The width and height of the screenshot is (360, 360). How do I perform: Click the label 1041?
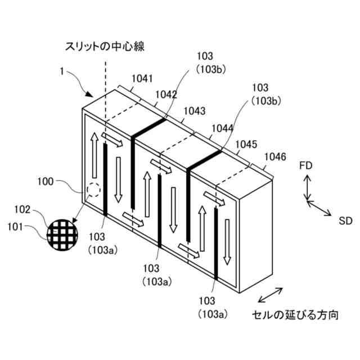(142, 79)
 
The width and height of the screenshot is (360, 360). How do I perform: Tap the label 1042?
(166, 95)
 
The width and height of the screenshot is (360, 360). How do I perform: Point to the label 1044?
(222, 129)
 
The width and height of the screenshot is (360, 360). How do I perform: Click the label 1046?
(274, 156)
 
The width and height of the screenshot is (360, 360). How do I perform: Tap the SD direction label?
(345, 220)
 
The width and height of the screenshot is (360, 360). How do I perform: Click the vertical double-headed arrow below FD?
(307, 187)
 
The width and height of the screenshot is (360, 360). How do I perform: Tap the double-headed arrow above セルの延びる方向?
(269, 296)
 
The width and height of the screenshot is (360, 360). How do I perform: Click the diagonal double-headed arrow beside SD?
(319, 208)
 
